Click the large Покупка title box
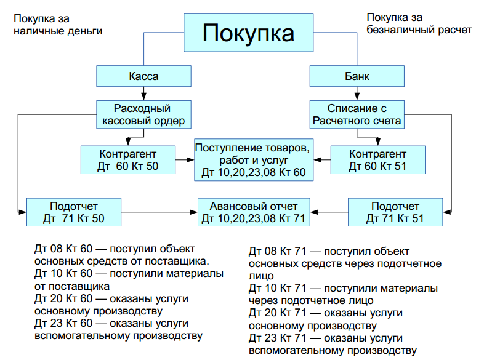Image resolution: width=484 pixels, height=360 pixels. click(x=249, y=32)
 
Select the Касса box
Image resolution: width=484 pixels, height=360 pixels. click(x=143, y=77)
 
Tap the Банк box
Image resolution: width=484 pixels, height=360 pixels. click(x=357, y=77)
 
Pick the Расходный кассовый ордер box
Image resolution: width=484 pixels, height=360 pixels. click(x=143, y=114)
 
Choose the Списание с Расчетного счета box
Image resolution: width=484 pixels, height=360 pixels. click(x=357, y=114)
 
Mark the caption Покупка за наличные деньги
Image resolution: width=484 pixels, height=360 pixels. click(x=58, y=23)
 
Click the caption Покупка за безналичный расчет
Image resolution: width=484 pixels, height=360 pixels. click(x=419, y=23)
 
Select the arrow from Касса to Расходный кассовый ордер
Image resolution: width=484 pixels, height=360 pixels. click(x=143, y=94)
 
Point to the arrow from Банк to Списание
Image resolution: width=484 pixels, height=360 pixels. click(x=357, y=94)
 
